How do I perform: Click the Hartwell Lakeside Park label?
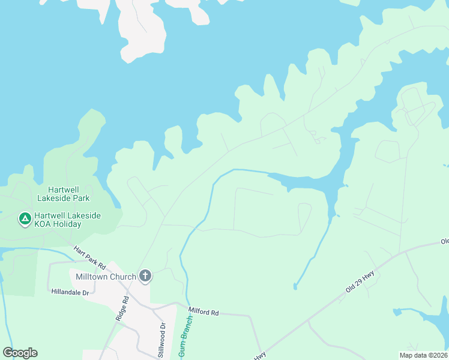63,193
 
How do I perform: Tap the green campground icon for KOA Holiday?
25,219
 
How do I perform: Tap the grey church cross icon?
145,276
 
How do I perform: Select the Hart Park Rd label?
89,257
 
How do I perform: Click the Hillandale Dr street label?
70,292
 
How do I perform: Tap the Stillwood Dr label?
161,340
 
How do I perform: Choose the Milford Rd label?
204,311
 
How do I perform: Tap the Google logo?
20,353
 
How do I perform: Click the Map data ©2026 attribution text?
423,355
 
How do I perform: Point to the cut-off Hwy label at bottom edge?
259,356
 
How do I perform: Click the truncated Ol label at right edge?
444,242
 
